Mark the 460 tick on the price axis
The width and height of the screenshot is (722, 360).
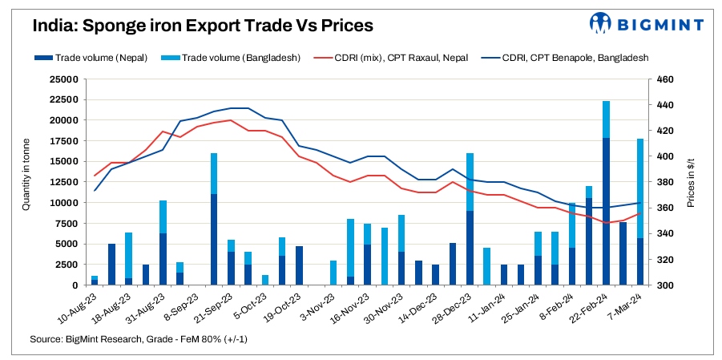click(x=665, y=79)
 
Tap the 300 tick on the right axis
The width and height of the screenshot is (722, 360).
click(x=665, y=285)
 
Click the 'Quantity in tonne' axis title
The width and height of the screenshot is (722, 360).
click(x=26, y=182)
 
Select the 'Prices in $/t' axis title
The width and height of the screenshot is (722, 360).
click(x=691, y=182)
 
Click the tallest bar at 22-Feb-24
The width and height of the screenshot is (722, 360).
click(x=606, y=192)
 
